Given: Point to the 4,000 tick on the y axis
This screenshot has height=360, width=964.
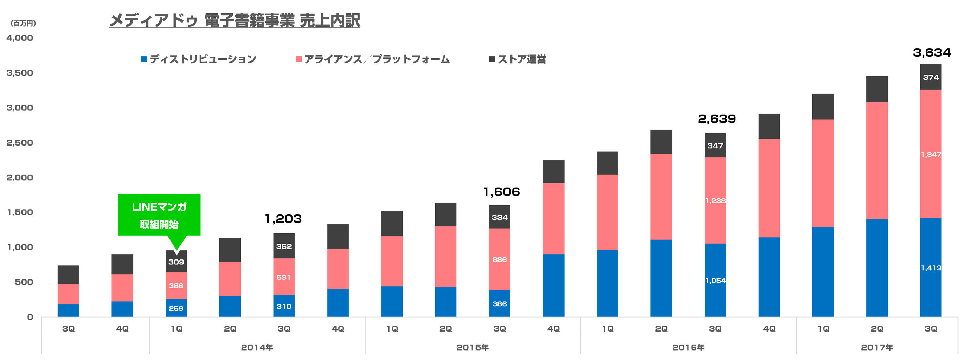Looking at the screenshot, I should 19,38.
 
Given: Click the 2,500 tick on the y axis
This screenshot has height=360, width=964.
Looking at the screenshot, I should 19,143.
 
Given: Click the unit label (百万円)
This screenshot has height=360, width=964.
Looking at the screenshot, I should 23,24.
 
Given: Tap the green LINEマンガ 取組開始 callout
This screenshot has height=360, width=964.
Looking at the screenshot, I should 159,215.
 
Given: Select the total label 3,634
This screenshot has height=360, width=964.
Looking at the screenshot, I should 931,52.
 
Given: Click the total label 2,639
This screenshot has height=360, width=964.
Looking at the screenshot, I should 716,119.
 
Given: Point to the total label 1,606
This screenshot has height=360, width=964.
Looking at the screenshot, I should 501,192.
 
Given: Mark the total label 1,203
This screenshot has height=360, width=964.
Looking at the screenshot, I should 283,219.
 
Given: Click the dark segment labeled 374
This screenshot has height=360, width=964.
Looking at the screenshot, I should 931,77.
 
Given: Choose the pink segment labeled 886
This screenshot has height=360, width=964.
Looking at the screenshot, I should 499,259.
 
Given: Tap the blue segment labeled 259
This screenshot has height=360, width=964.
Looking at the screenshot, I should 176,308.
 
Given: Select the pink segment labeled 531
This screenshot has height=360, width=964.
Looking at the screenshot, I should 284,277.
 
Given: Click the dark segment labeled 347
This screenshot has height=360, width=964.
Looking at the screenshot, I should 715,146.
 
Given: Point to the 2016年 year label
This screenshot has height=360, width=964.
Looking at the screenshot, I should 688,347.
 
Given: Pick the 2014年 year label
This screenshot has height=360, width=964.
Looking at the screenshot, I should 257,347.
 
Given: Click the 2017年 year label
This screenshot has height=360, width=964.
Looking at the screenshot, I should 876,347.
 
